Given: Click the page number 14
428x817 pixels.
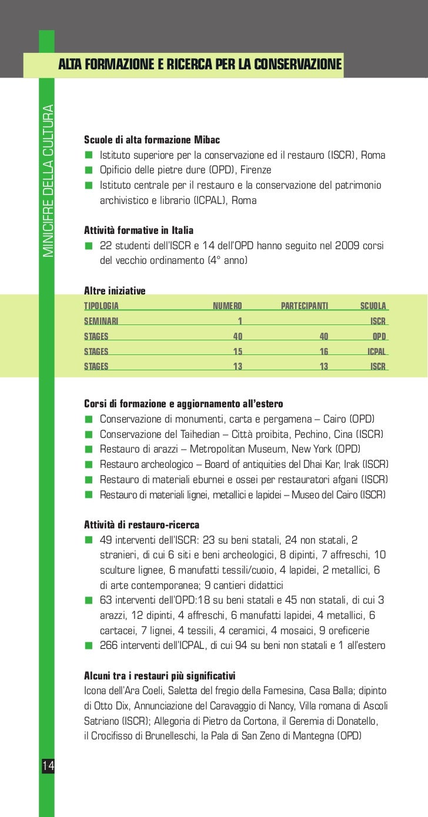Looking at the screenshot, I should pos(47,765).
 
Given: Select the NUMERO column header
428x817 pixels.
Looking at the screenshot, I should pos(227,306).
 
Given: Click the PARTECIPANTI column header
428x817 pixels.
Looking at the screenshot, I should pos(305,306).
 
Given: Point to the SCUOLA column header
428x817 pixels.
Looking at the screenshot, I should pos(373,306).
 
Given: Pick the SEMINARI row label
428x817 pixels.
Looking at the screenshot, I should pos(102,321).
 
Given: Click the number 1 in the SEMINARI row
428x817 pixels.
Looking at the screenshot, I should pos(239,321).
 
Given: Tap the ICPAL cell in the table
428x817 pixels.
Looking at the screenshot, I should pos(376,351).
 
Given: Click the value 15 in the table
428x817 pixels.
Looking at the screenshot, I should pos(238,351).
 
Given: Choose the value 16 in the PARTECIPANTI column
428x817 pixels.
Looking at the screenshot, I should pos(323,351).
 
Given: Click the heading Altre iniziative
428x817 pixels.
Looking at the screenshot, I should pos(115,290).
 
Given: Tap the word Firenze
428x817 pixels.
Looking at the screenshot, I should pos(252,170).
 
